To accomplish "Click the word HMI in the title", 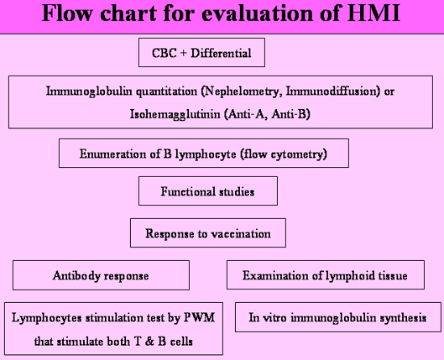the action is click(373, 13).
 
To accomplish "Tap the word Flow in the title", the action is click(67, 13).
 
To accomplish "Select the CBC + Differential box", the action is click(201, 53).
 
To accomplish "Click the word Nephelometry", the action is click(242, 91).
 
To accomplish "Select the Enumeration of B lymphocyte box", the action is click(204, 153).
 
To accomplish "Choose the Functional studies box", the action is click(208, 191).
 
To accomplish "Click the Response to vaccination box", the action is click(208, 233).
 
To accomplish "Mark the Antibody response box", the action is click(101, 275).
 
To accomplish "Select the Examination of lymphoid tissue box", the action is click(326, 274).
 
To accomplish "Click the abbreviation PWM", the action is click(200, 317).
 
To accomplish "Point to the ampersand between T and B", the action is click(149, 342).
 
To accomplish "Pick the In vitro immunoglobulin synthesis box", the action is click(338, 317).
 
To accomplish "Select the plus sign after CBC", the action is click(183, 53).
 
